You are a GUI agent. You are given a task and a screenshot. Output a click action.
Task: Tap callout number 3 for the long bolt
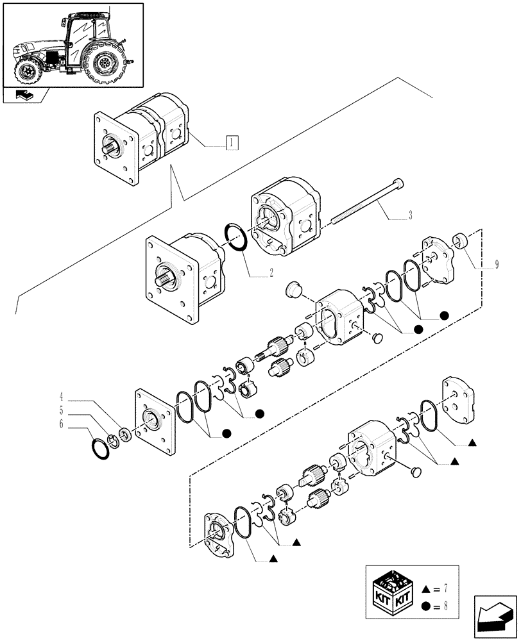pyautogui.click(x=409, y=215)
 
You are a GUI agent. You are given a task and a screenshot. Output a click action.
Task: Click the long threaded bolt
pyautogui.click(x=366, y=203)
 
